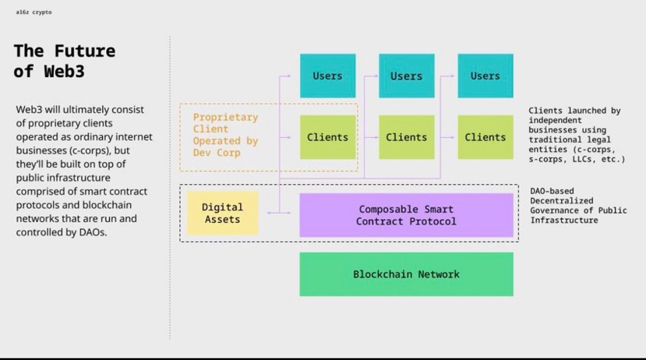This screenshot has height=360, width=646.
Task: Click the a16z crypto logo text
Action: [x=34, y=12]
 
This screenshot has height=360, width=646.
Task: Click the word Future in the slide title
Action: [x=85, y=51]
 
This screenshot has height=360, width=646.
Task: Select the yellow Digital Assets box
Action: [x=222, y=214]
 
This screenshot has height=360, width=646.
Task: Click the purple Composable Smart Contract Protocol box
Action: [x=406, y=215]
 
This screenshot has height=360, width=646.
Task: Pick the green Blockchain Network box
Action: [x=406, y=274]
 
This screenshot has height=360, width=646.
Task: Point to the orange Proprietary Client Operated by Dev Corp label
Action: [x=225, y=135]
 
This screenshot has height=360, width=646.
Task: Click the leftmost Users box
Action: [x=327, y=76]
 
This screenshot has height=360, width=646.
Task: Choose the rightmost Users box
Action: [x=485, y=76]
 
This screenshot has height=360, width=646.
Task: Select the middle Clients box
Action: [x=406, y=137]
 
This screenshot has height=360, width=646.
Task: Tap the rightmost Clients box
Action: [x=485, y=137]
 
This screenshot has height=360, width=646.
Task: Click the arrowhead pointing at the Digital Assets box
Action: [x=268, y=212]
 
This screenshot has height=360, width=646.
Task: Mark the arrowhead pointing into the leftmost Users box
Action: [x=288, y=76]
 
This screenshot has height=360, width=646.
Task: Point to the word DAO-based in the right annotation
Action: [x=552, y=191]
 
